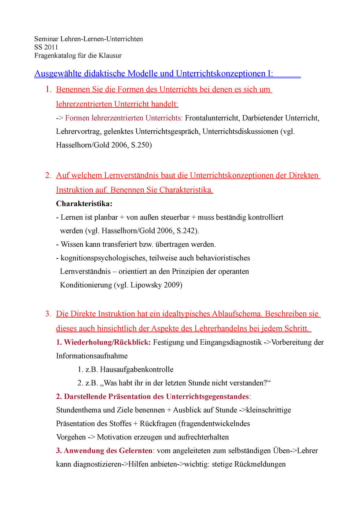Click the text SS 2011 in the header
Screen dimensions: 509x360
46,47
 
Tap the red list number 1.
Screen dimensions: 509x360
48,89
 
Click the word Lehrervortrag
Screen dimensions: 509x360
78,132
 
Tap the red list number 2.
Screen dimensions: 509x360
48,175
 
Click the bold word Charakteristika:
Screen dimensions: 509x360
84,204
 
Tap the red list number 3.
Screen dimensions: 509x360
48,314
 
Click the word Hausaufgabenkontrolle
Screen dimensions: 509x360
136,370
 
